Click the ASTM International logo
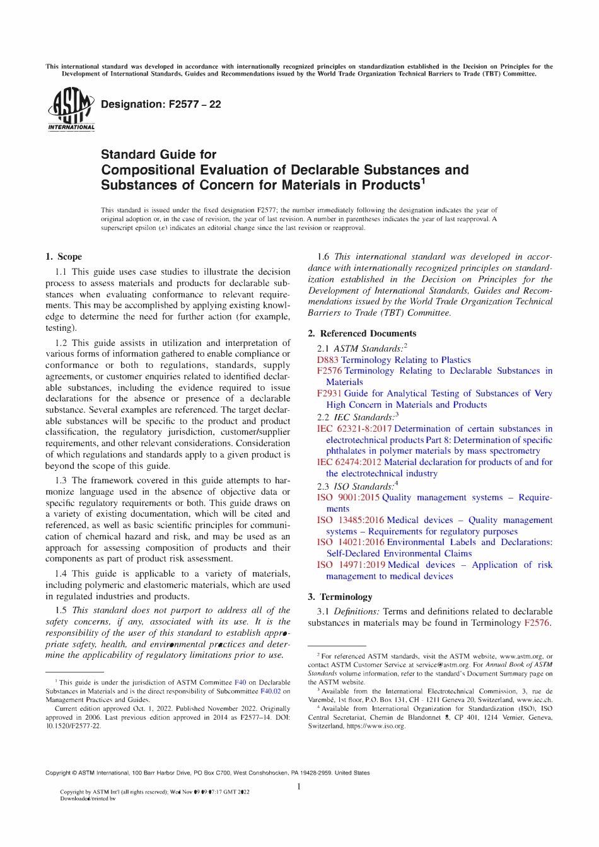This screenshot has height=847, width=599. tap(71, 110)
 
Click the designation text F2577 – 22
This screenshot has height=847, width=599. tap(161, 105)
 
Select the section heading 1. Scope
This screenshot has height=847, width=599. tap(63, 256)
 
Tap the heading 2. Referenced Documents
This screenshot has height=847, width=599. tap(362, 333)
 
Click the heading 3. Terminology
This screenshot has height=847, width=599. tap(340, 597)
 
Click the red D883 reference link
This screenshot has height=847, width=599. tap(327, 360)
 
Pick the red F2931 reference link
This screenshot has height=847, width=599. tap(329, 393)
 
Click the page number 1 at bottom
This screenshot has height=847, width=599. tap(299, 786)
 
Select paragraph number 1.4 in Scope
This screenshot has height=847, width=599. tap(61, 573)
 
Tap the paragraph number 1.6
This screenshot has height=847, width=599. tap(323, 256)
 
